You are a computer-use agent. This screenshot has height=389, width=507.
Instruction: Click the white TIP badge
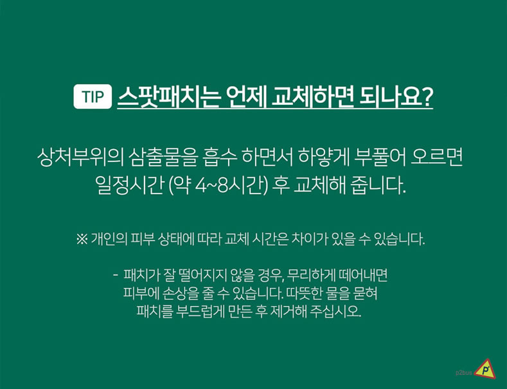[x=93, y=96]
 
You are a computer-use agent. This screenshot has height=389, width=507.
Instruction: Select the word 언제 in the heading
[x=245, y=96]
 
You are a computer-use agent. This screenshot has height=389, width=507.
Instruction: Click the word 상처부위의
[x=80, y=158]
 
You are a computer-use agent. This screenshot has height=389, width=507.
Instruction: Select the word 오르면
[x=436, y=158]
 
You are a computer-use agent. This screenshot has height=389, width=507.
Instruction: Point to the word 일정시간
[x=129, y=186]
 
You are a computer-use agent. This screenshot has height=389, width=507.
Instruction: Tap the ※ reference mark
[x=82, y=239]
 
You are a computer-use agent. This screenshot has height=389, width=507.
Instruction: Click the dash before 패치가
[x=116, y=275]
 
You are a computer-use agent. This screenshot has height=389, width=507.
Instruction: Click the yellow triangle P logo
[x=485, y=369]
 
